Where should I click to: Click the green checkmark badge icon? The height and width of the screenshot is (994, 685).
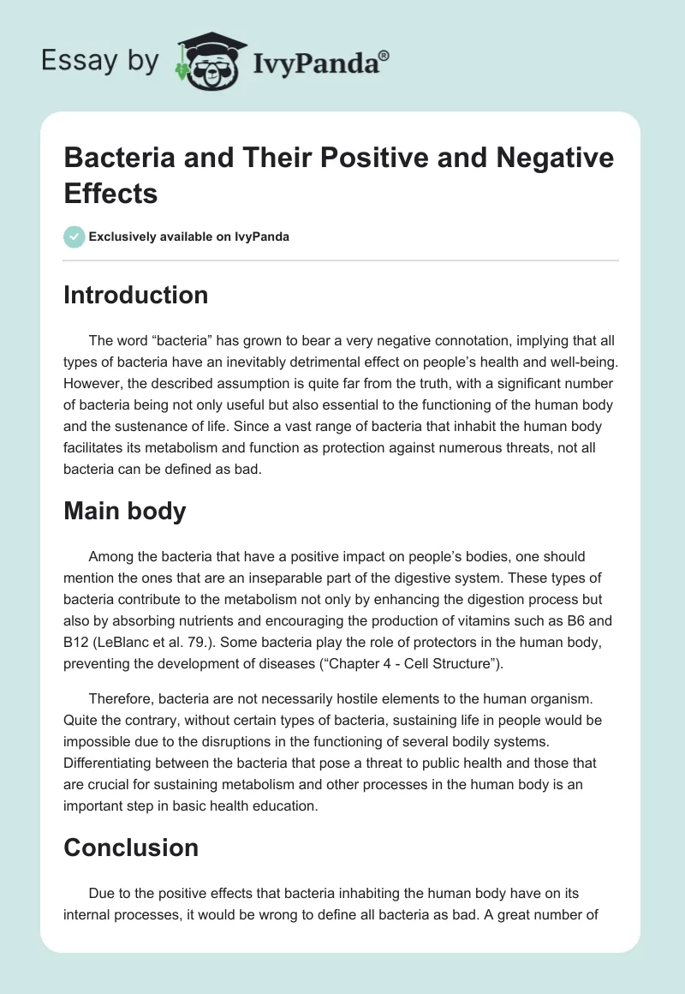tap(74, 237)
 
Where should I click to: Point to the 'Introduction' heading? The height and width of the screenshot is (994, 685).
tap(135, 296)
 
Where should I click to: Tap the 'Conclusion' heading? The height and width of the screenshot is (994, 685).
tap(131, 848)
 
